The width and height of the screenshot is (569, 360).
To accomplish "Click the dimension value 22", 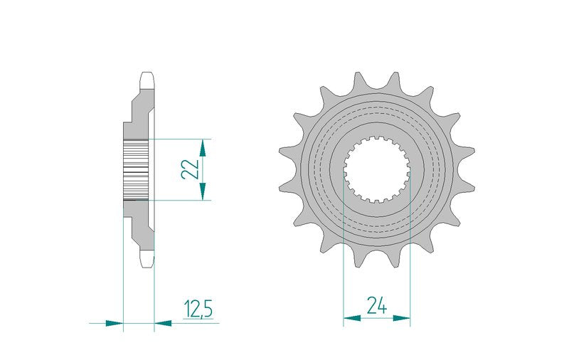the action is (190, 169).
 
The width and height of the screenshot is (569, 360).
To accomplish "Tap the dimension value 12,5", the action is (198, 309).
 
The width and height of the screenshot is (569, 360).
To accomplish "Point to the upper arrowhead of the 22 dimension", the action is (203, 148).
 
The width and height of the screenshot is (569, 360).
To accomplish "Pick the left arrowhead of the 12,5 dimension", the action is (115, 323).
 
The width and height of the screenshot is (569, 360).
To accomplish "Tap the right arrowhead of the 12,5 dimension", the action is (163, 323).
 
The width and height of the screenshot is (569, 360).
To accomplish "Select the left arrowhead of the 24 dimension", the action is (352, 318).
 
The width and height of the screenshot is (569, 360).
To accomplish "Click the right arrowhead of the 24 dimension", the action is (401, 318).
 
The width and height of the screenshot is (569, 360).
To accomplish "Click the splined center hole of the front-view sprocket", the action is (377, 169).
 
